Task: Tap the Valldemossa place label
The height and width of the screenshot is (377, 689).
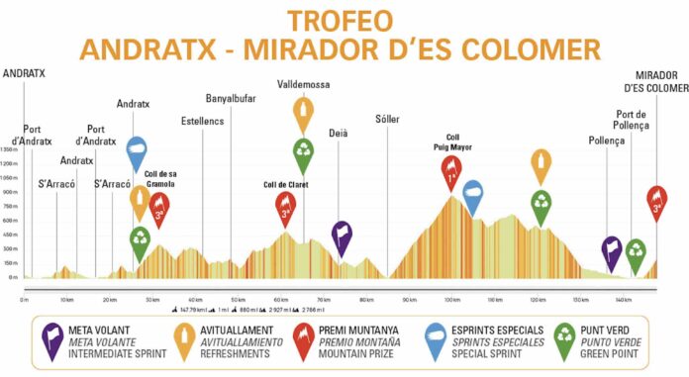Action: pyautogui.click(x=303, y=84)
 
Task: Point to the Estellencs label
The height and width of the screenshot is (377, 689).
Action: pyautogui.click(x=203, y=121)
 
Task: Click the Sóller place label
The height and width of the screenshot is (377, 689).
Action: pyautogui.click(x=388, y=120)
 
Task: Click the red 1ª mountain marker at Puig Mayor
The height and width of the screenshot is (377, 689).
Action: pyautogui.click(x=452, y=171)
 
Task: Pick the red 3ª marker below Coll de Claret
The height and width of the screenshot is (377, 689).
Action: pyautogui.click(x=286, y=208)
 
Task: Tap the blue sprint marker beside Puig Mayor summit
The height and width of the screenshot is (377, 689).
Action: pyautogui.click(x=473, y=196)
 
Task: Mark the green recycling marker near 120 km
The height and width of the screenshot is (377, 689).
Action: pyautogui.click(x=541, y=204)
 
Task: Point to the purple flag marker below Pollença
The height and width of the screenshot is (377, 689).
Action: pyautogui.click(x=612, y=251)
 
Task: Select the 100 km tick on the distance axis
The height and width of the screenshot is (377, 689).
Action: pyautogui.click(x=451, y=299)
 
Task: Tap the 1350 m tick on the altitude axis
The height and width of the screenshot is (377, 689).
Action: pyautogui.click(x=10, y=149)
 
